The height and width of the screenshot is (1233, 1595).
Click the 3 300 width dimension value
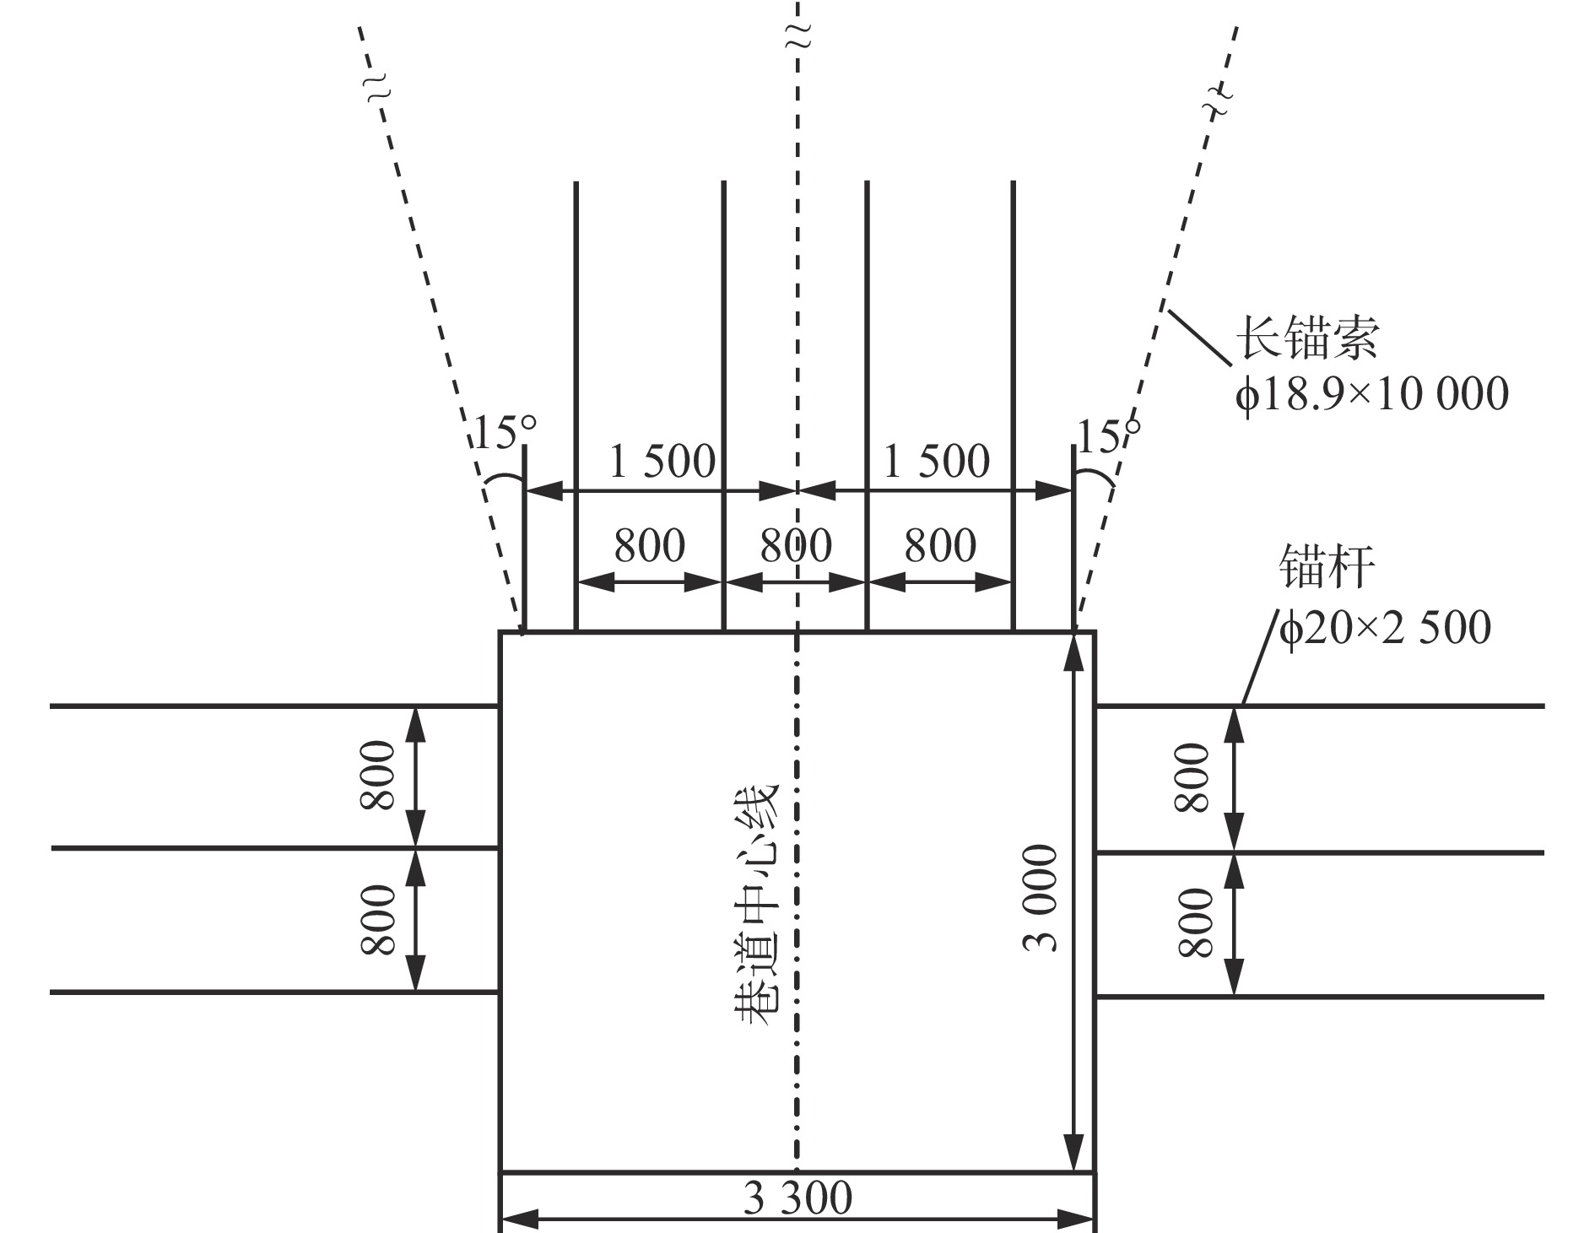[797, 1198]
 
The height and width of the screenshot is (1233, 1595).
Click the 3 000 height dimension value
[1041, 898]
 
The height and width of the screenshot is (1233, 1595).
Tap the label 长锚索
[1307, 339]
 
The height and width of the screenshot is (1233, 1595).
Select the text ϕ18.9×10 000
[1371, 394]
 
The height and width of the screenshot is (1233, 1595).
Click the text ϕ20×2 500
[1385, 627]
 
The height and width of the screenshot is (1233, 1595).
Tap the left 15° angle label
[504, 433]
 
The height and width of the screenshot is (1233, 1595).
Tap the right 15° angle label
[1108, 435]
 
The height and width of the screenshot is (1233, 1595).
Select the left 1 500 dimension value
[662, 462]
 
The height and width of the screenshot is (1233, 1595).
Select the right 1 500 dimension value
[936, 462]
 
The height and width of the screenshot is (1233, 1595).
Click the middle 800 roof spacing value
[796, 545]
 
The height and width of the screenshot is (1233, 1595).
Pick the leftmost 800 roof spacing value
[649, 545]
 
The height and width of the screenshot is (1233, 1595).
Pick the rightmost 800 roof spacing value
[940, 545]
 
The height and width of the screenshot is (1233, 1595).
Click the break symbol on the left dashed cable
[381, 88]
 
